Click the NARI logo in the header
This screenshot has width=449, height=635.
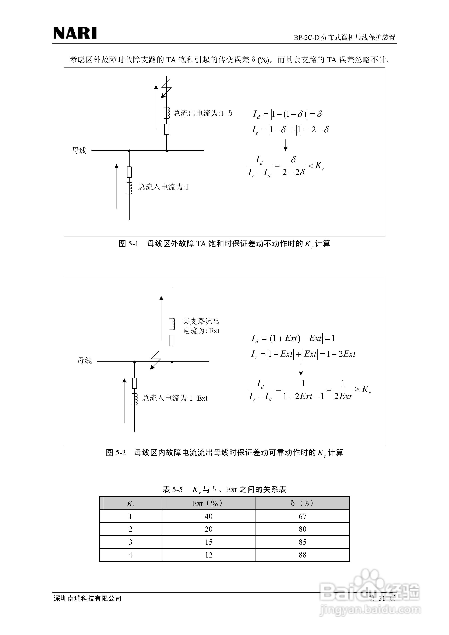click(x=75, y=33)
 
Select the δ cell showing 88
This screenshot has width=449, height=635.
click(x=302, y=555)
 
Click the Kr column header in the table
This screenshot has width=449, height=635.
click(x=130, y=503)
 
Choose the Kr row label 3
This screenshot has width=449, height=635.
click(x=130, y=542)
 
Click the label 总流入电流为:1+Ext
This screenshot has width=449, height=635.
click(x=175, y=398)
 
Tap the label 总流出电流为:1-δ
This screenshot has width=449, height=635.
click(x=203, y=113)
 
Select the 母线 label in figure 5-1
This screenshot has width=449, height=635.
click(x=79, y=150)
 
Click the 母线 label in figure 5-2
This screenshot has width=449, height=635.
click(x=84, y=360)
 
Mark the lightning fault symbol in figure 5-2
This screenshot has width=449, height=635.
click(x=155, y=360)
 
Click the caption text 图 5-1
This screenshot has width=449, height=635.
click(x=128, y=244)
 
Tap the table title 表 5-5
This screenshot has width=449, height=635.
click(x=172, y=489)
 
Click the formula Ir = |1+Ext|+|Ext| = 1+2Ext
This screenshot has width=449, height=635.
click(x=303, y=354)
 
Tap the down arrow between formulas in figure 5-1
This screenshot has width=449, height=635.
click(x=285, y=145)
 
